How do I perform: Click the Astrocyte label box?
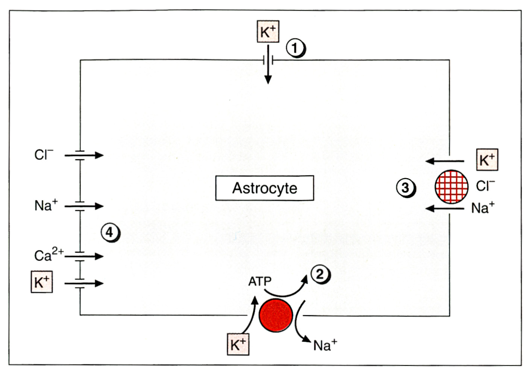[x=264, y=188]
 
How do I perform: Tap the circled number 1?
[x=295, y=48]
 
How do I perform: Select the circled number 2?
[x=320, y=274]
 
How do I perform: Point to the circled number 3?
[x=405, y=187]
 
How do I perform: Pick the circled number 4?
[x=109, y=232]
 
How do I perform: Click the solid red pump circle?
[x=276, y=315]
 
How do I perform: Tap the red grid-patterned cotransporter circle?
[x=451, y=187]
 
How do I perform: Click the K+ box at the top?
[x=268, y=32]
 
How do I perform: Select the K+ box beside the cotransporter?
[x=487, y=160]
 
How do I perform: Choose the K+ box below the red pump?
[x=238, y=344]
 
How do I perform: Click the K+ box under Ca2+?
[x=41, y=282]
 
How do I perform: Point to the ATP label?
[x=259, y=281]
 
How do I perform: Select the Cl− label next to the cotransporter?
[x=485, y=186]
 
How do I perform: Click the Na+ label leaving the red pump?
[x=325, y=345]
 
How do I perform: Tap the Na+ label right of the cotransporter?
[x=482, y=208]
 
